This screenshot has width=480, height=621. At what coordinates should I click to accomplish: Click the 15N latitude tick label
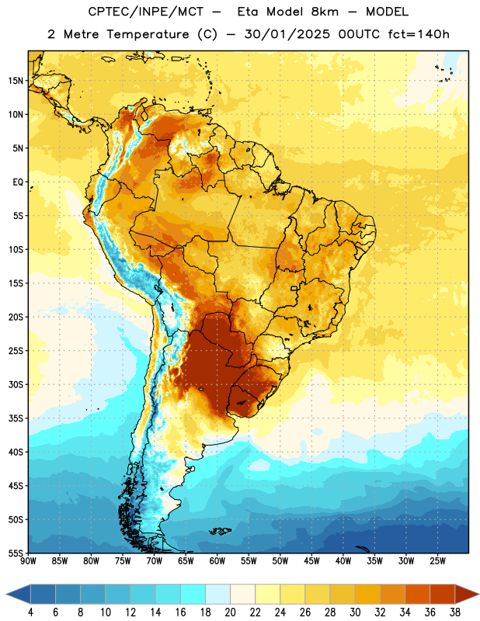tap(16, 81)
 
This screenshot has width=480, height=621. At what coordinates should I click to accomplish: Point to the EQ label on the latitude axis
tap(18, 182)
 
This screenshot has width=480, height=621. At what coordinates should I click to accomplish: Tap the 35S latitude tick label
tap(16, 418)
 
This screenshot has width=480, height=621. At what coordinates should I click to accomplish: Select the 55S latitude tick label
tap(16, 553)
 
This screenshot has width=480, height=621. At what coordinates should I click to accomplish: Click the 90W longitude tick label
tap(28, 561)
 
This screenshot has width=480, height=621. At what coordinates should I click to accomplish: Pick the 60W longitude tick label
tap(217, 561)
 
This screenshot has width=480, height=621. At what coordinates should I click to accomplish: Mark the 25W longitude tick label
tap(437, 561)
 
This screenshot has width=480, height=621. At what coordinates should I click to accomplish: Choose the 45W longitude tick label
tap(311, 561)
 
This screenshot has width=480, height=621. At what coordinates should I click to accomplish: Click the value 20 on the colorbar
tap(230, 612)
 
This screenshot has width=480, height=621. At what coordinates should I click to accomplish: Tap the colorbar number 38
tap(454, 612)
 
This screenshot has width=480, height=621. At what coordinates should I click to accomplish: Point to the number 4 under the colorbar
tap(30, 612)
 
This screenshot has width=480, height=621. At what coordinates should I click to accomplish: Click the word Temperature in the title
tap(148, 34)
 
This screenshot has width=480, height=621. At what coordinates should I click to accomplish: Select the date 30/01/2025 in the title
tap(287, 34)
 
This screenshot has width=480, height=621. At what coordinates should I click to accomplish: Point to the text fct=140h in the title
tap(419, 34)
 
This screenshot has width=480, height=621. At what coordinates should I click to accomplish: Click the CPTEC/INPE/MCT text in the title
tap(146, 12)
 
